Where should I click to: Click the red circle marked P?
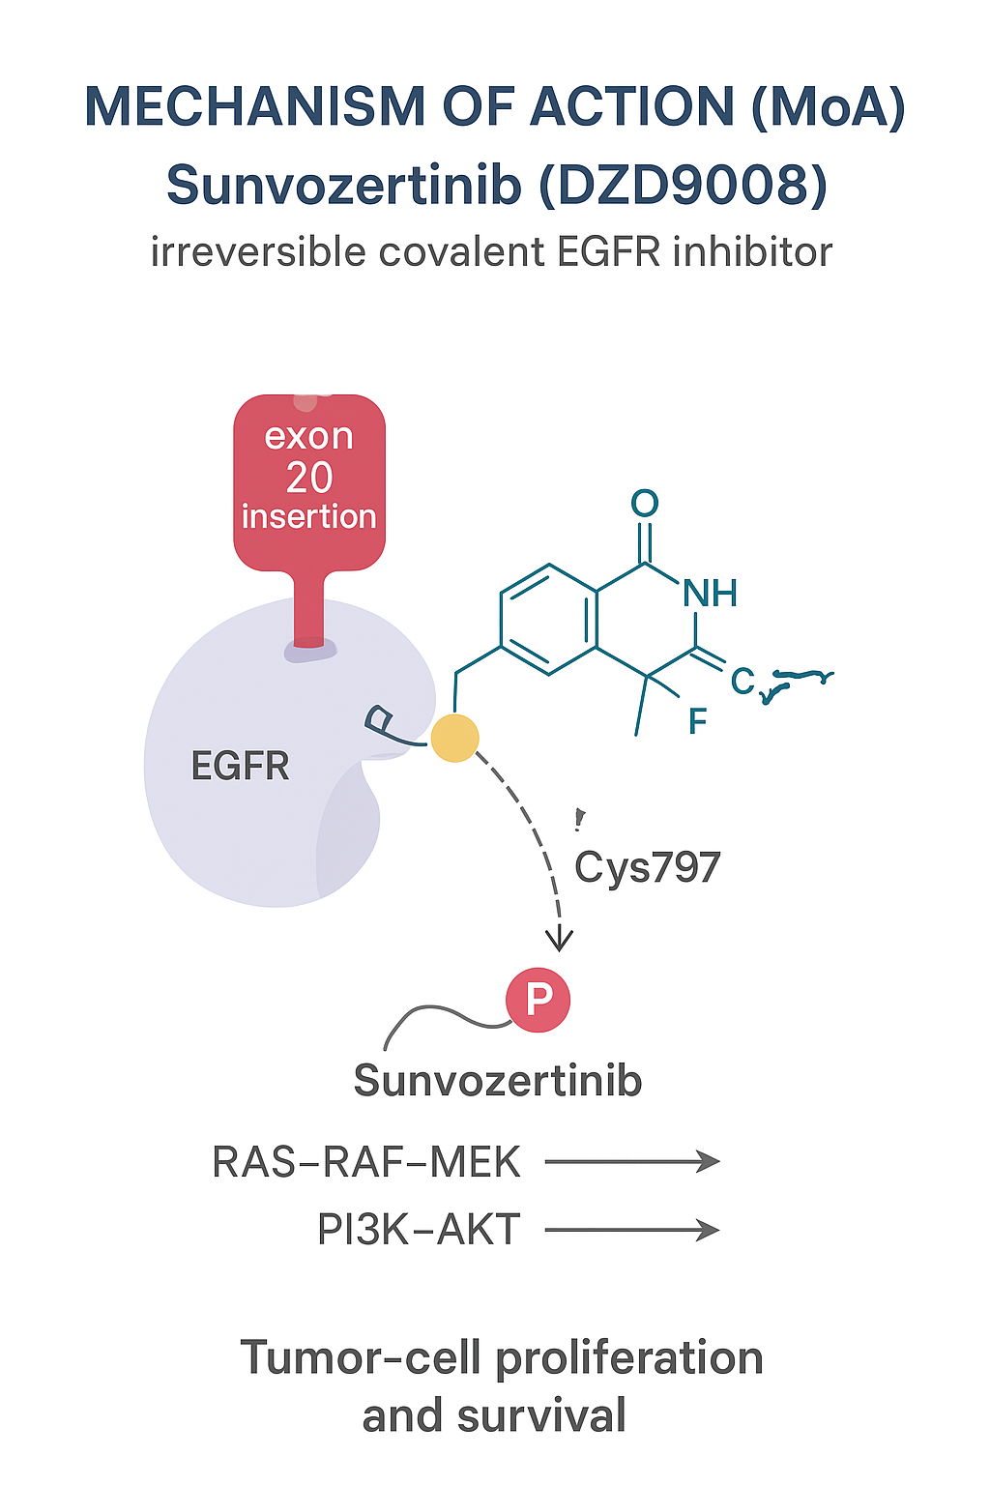[539, 1000]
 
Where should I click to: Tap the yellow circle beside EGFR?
[454, 739]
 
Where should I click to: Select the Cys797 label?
[647, 867]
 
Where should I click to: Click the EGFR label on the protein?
[240, 766]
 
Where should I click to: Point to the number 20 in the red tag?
[309, 478]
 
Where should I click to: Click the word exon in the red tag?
[309, 436]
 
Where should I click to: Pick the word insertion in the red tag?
[309, 516]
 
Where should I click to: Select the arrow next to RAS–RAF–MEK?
[632, 1161]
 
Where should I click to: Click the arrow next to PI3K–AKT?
[632, 1230]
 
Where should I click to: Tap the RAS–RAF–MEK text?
[366, 1162]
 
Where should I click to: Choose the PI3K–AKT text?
[419, 1230]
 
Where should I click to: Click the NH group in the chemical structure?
[711, 593]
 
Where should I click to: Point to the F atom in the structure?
[697, 721]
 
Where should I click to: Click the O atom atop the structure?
[645, 503]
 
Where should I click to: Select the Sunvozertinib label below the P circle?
[498, 1080]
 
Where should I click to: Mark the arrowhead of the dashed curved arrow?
[560, 940]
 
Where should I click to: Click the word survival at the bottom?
[541, 1415]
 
